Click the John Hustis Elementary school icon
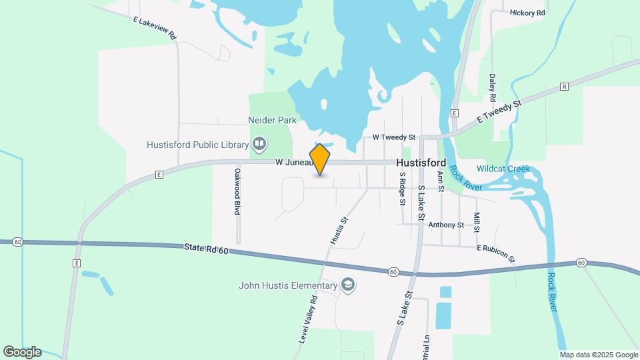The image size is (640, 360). [x=347, y=285]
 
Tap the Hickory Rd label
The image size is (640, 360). [x=527, y=13]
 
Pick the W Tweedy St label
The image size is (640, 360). [x=393, y=137]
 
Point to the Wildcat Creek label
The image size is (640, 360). [x=503, y=169]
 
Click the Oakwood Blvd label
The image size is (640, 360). [x=237, y=191]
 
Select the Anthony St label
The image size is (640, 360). [x=446, y=225]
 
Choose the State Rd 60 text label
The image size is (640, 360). [x=206, y=249]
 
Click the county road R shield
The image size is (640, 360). [x=564, y=87]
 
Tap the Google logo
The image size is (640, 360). [x=21, y=351]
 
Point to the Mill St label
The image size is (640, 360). [x=477, y=223]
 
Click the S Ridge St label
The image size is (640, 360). [x=403, y=189]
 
